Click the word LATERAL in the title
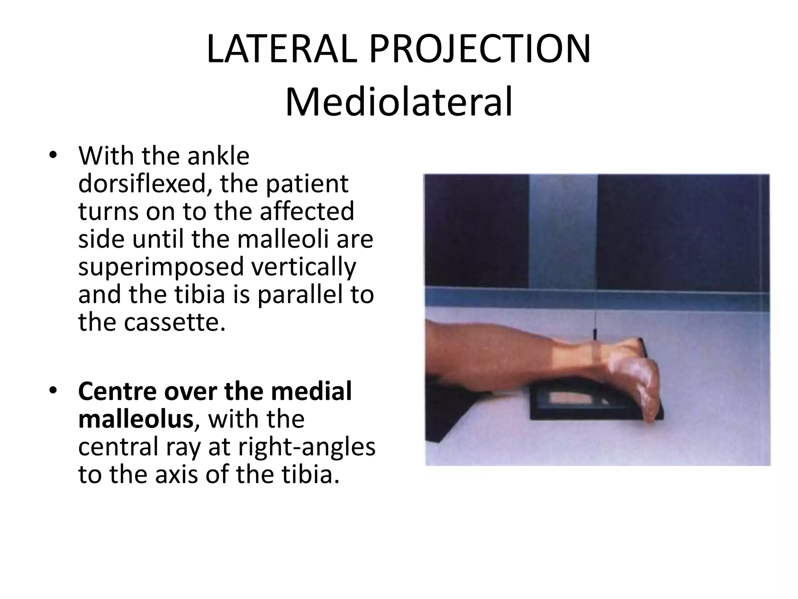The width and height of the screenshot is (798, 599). pyautogui.click(x=281, y=50)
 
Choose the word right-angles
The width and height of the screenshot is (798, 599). pyautogui.click(x=307, y=447)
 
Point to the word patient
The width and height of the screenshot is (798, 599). pyautogui.click(x=307, y=184)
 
